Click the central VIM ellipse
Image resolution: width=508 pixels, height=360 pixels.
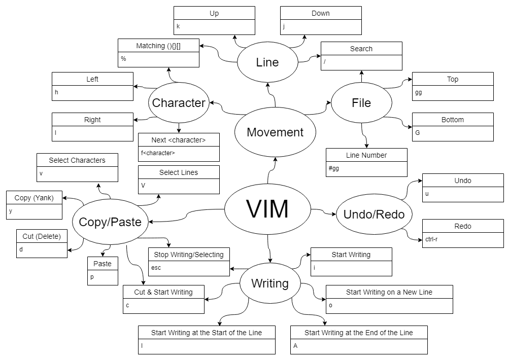[x=267, y=209]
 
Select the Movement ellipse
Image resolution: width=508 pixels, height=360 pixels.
[x=275, y=132]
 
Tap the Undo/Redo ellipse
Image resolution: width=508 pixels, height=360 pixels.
[x=374, y=214]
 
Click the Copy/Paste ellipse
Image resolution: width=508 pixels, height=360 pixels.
[x=110, y=222]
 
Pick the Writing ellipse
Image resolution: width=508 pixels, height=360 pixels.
[x=270, y=283]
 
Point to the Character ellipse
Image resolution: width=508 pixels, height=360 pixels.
[x=179, y=103]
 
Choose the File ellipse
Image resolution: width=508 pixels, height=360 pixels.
[x=361, y=103]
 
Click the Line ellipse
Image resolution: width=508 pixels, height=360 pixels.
[x=267, y=62]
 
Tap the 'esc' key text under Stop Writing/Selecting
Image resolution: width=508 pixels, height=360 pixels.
[x=156, y=267]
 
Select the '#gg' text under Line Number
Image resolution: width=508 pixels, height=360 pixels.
[x=334, y=168]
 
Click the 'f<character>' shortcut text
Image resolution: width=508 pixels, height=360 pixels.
[x=158, y=153]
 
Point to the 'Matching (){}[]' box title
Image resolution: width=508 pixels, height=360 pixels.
[x=158, y=46]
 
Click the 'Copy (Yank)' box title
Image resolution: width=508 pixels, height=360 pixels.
[x=34, y=198]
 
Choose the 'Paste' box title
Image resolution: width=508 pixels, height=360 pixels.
[x=103, y=264]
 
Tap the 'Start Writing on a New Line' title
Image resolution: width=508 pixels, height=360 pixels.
[x=389, y=292]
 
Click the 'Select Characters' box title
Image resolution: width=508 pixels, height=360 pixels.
[x=77, y=160]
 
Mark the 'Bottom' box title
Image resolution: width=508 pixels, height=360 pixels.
[x=453, y=120]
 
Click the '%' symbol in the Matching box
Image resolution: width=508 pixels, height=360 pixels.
[x=123, y=59]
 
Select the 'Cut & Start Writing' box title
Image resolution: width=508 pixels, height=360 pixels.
[x=163, y=292]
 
